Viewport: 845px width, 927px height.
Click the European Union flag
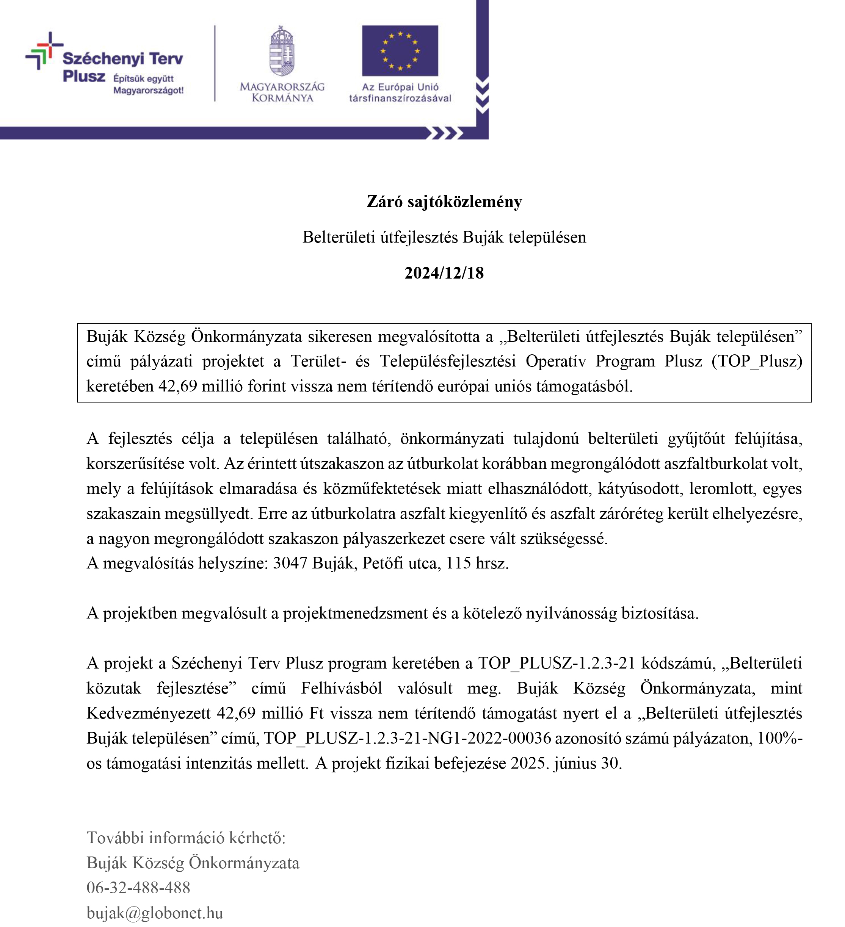[400, 50]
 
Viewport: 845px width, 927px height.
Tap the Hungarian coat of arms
[282, 52]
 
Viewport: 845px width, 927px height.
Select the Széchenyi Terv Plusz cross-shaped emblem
[43, 50]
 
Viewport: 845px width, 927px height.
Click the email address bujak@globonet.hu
[155, 912]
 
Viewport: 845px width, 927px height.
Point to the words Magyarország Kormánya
[282, 92]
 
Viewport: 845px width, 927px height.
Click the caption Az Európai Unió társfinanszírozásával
[400, 92]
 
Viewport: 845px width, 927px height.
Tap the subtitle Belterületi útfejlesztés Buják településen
[444, 237]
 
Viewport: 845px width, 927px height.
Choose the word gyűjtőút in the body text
[696, 438]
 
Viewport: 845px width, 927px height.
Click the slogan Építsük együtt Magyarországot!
[148, 84]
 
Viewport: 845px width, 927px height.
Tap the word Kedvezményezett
[148, 713]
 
